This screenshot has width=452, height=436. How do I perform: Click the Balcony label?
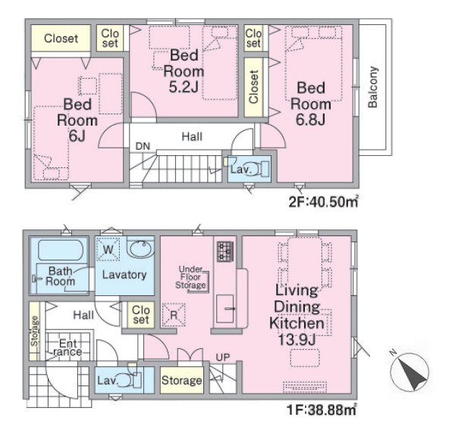[x=372, y=87]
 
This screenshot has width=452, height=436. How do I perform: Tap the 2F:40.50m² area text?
[x=324, y=201]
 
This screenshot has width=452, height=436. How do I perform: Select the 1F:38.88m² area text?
[x=322, y=410]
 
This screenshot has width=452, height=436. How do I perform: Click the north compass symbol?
[x=410, y=371]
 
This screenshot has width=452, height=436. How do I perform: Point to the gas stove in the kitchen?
[x=224, y=251]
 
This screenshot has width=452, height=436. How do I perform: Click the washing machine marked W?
[x=108, y=249]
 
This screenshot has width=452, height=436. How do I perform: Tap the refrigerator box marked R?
[x=174, y=315]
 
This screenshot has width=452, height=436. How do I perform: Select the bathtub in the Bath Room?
[x=61, y=250]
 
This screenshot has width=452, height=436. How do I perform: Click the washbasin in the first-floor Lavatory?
[x=140, y=249]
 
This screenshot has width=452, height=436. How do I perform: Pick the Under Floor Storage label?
[x=190, y=277]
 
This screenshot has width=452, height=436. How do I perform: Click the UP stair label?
[x=223, y=357]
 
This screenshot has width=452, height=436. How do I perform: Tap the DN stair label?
[x=143, y=146]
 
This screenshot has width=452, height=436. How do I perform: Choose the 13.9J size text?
[x=297, y=339]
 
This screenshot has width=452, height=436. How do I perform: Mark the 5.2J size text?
[x=184, y=86]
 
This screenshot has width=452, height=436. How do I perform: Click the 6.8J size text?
[x=311, y=119]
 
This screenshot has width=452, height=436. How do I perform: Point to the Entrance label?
[x=67, y=347]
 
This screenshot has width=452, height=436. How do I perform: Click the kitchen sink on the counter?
[x=224, y=309]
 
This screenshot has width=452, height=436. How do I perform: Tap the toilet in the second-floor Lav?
[x=261, y=169]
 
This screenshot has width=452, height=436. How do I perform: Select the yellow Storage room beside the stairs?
[x=181, y=380]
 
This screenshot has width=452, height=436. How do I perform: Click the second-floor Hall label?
[x=192, y=136]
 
